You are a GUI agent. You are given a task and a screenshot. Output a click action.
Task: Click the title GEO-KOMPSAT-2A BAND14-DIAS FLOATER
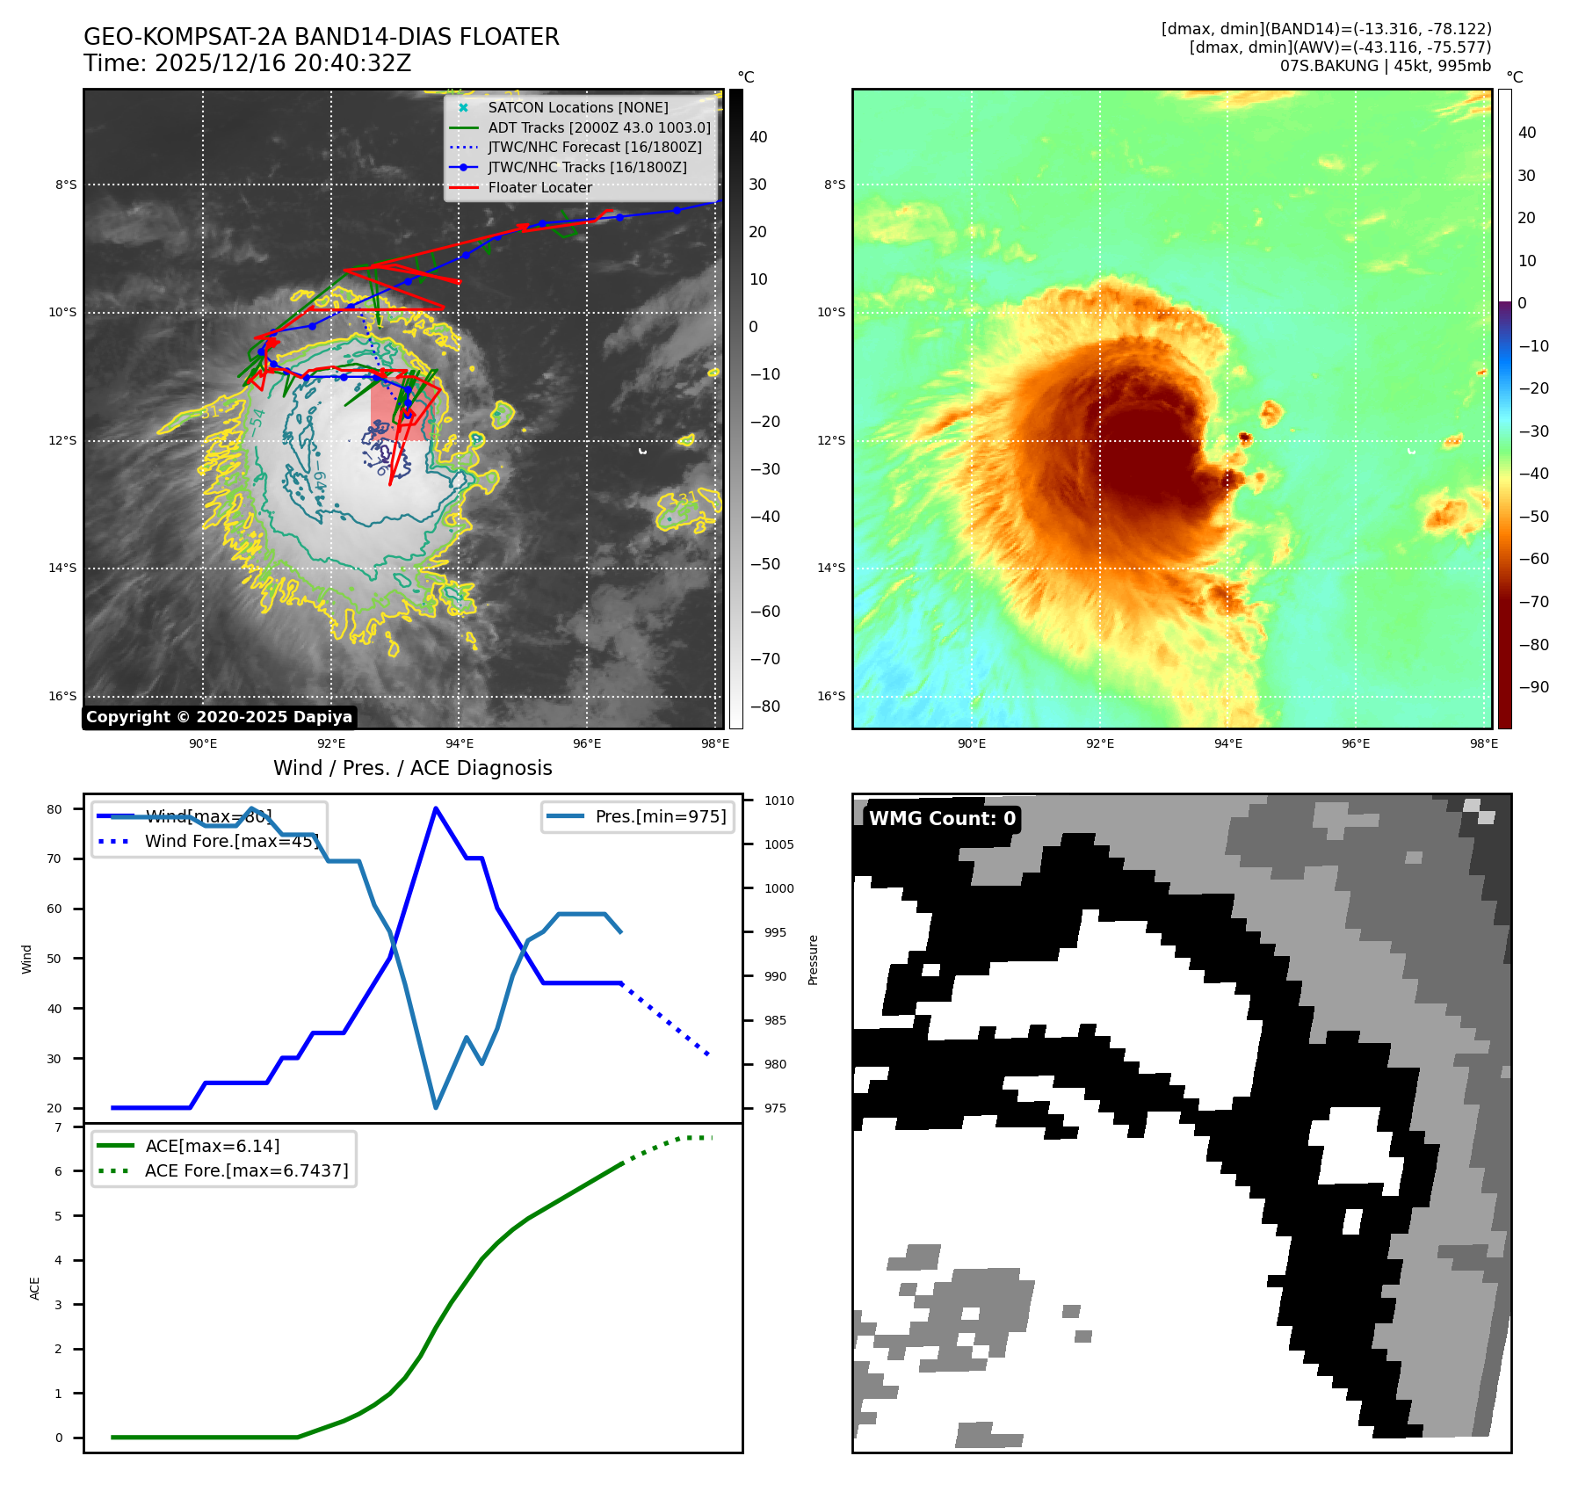tap(321, 37)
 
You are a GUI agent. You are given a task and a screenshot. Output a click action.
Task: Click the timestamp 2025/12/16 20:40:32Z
tap(247, 63)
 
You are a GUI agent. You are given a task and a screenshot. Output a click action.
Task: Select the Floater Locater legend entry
tap(539, 187)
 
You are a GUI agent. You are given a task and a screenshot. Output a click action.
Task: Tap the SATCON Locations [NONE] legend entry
tap(577, 107)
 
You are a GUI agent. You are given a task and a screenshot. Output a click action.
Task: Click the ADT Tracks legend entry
tap(598, 127)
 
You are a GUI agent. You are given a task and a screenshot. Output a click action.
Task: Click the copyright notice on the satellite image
tap(219, 717)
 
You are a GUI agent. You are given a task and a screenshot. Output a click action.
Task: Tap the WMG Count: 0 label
tap(942, 819)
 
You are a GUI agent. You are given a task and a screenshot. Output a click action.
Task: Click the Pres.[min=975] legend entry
tap(660, 816)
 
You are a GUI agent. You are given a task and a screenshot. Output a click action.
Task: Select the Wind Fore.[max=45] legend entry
tap(231, 841)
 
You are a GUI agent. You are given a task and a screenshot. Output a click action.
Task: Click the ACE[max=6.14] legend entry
tap(212, 1146)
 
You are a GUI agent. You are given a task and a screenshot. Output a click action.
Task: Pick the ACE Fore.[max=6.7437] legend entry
tap(246, 1170)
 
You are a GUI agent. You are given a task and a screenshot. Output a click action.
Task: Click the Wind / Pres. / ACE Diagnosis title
tap(413, 768)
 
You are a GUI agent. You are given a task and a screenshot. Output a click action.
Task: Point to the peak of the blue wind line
tap(436, 808)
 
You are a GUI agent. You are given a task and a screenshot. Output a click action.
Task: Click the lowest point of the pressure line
tap(436, 1107)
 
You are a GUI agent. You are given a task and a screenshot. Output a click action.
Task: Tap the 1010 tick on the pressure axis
tap(778, 800)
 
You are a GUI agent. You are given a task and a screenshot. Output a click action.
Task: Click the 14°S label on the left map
tap(62, 568)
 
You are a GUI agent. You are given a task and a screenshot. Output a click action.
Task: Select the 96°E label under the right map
tap(1355, 743)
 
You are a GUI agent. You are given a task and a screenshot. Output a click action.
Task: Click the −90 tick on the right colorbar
tap(1534, 687)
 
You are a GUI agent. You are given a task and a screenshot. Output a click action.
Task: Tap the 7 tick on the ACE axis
tap(59, 1127)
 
